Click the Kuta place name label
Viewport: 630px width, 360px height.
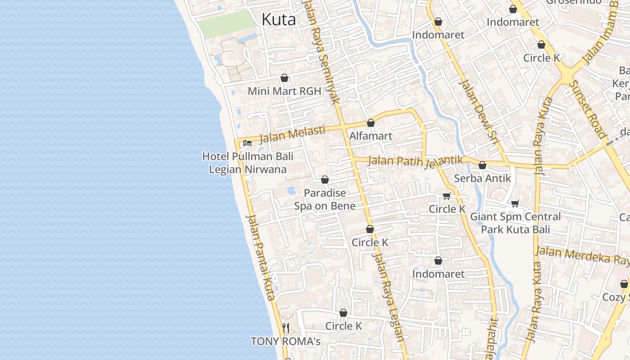pyautogui.click(x=279, y=19)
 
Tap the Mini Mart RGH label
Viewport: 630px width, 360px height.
pyautogui.click(x=284, y=91)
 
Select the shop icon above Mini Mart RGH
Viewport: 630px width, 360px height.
pyautogui.click(x=284, y=78)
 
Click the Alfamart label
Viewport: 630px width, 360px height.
pyautogui.click(x=371, y=135)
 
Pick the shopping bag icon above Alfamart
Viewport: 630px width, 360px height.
pyautogui.click(x=371, y=123)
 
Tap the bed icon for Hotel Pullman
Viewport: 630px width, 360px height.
pyautogui.click(x=247, y=143)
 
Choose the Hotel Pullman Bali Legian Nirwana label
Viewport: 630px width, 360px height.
pyautogui.click(x=247, y=163)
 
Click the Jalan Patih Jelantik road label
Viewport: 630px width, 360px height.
pyautogui.click(x=415, y=161)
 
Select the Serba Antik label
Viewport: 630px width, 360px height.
pyautogui.click(x=482, y=178)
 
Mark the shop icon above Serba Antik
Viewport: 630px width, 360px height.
pyautogui.click(x=482, y=166)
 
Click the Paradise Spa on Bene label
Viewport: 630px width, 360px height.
pyautogui.click(x=324, y=199)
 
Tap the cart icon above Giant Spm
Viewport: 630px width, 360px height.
pyautogui.click(x=515, y=203)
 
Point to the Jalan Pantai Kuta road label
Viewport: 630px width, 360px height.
pyautogui.click(x=261, y=257)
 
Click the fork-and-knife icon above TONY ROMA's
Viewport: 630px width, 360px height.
pyautogui.click(x=286, y=328)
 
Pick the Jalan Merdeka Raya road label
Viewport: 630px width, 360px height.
pyautogui.click(x=583, y=256)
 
